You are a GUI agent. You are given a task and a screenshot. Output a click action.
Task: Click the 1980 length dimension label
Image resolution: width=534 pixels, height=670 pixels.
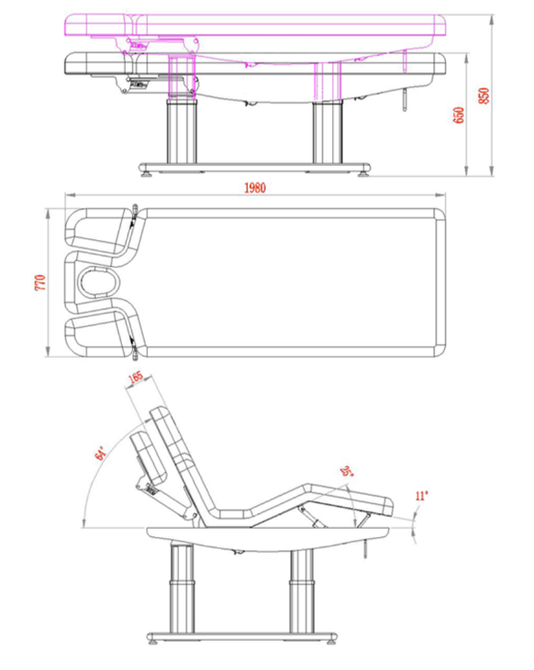[255, 188]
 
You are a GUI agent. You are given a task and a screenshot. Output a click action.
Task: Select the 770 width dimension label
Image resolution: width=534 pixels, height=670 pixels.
[39, 283]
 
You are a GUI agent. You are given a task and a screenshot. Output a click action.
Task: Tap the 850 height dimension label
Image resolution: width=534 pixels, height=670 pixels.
[484, 95]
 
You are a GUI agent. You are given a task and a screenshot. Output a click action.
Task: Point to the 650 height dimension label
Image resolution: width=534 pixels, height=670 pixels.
[458, 115]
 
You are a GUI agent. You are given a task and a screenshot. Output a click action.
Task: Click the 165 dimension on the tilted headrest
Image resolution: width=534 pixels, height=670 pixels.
[135, 378]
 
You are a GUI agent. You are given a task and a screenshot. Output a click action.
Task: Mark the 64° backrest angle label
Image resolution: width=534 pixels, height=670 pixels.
[100, 454]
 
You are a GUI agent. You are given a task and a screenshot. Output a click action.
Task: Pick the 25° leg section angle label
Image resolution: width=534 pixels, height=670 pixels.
[347, 471]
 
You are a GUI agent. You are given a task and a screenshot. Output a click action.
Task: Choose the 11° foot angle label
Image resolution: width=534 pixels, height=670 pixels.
[421, 496]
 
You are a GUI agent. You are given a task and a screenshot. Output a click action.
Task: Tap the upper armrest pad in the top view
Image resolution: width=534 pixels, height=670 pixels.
[98, 232]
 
